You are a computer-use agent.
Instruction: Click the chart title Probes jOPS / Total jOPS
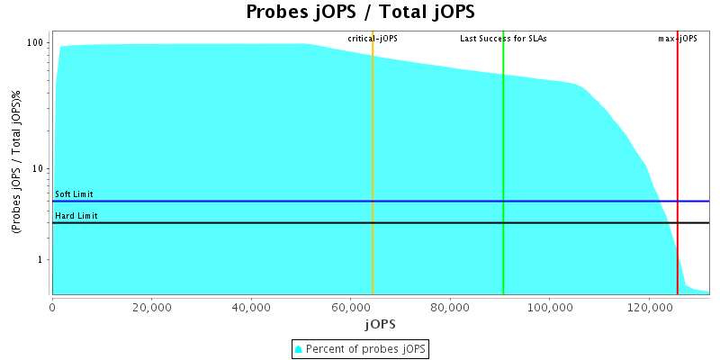[360, 13]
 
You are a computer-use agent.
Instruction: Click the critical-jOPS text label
[373, 39]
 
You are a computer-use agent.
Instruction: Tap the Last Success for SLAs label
[503, 39]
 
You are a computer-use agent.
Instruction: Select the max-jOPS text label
[678, 39]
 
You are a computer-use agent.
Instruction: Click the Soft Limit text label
[74, 194]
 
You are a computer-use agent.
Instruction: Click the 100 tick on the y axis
[37, 43]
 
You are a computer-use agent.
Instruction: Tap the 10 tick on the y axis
[40, 169]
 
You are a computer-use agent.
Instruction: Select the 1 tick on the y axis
[42, 260]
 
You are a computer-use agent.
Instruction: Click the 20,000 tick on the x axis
[152, 307]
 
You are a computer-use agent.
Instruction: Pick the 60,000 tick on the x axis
[351, 307]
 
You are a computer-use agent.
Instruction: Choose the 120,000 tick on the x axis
[650, 307]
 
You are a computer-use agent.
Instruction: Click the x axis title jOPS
[380, 323]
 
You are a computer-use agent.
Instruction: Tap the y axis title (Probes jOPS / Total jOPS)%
[16, 166]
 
